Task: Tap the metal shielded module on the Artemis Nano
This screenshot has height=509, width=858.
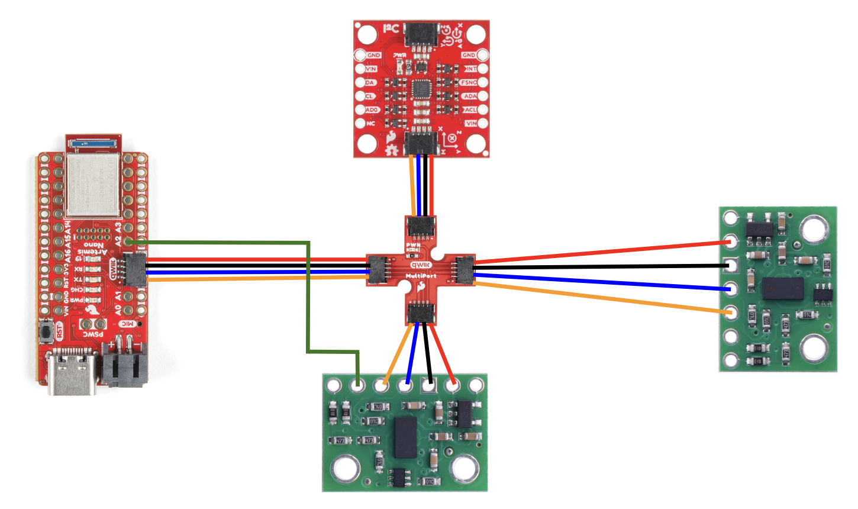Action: point(94,183)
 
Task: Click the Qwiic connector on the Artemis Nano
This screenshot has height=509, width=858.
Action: point(135,269)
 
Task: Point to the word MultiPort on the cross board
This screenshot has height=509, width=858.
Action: point(421,276)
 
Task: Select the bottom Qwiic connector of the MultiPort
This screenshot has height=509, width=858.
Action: point(421,311)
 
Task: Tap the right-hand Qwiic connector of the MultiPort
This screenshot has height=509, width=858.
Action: point(465,269)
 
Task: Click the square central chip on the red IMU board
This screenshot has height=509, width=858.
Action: point(421,89)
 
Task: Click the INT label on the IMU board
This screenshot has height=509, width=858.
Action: point(471,69)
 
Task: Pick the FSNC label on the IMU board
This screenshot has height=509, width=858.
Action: point(469,82)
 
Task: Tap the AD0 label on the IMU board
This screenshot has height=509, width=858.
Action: point(372,109)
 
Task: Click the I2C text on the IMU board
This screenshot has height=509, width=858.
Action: point(390,28)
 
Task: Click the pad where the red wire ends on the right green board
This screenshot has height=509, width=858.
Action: point(731,241)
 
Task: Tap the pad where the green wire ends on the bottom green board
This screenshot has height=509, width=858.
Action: point(357,386)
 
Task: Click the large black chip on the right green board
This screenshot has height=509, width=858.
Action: point(782,288)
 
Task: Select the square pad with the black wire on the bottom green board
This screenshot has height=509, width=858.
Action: point(428,386)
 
